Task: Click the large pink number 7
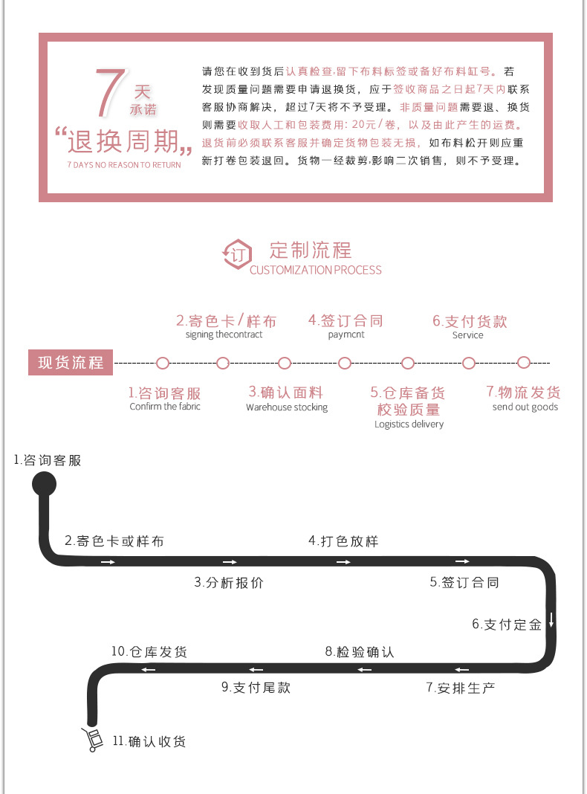(109, 94)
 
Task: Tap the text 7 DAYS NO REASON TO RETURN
(123, 165)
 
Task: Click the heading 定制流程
(311, 250)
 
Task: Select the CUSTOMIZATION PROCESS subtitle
(315, 270)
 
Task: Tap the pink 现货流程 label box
(71, 364)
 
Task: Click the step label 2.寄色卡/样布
(225, 321)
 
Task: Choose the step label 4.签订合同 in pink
(346, 320)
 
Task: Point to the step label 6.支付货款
(470, 321)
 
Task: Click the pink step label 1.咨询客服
(164, 393)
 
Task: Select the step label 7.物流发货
(524, 392)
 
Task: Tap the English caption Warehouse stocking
(287, 407)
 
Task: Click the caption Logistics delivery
(409, 425)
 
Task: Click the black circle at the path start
(44, 484)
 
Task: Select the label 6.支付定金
(507, 624)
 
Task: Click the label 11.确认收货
(149, 741)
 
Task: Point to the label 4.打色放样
(343, 541)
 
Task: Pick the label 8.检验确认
(360, 652)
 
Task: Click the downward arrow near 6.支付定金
(551, 619)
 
